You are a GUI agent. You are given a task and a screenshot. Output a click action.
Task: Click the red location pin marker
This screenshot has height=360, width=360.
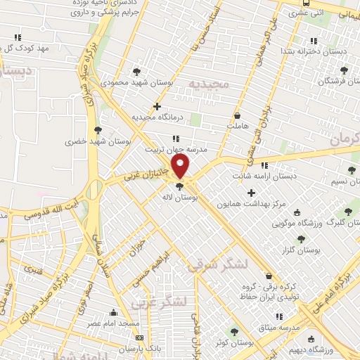(181, 166)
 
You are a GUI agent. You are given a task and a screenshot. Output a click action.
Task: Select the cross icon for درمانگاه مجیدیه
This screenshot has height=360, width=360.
(167, 106)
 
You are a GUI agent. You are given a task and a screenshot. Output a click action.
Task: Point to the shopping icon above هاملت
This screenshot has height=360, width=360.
(237, 115)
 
